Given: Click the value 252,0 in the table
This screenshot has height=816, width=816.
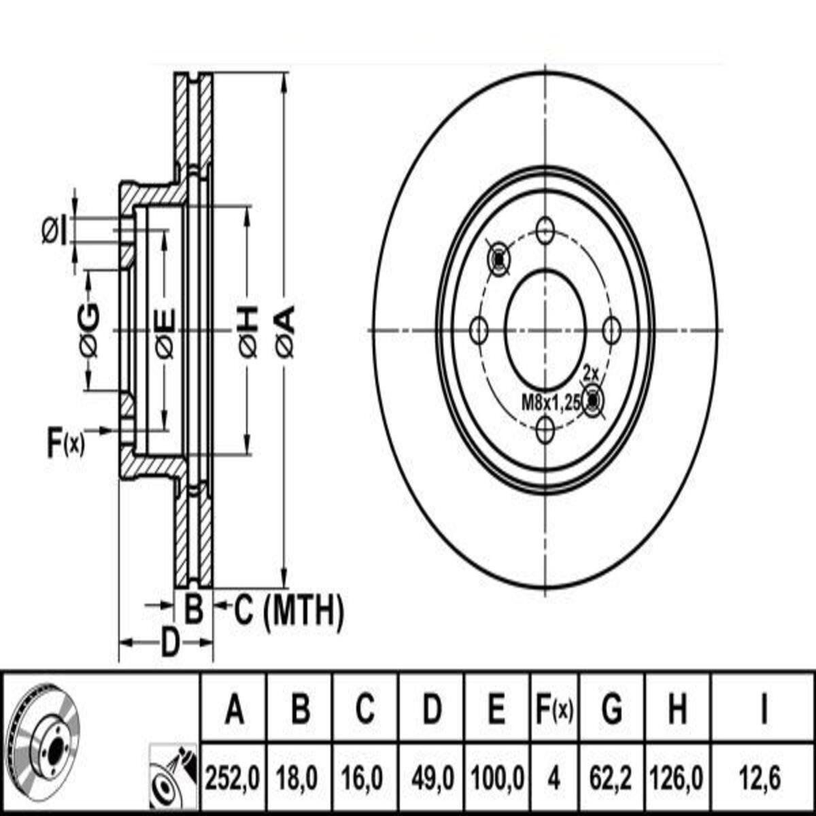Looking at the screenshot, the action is tap(232, 779).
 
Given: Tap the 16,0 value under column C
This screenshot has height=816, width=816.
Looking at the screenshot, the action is tap(363, 779).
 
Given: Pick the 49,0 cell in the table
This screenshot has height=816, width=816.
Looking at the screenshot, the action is tap(432, 779).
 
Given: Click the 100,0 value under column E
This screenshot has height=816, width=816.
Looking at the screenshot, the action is tap(497, 779).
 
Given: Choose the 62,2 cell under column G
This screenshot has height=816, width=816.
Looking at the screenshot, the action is tap(612, 779).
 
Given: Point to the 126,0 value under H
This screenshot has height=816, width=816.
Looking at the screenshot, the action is tap(677, 779).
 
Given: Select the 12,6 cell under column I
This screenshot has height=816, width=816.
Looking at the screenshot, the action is tap(760, 779).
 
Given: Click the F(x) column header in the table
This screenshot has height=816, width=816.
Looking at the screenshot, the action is tap(554, 710).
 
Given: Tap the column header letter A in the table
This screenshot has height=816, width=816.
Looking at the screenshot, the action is tap(234, 710).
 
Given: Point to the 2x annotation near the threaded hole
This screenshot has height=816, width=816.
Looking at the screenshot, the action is tap(590, 374).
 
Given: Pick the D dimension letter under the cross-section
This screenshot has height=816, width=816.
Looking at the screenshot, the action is tap(170, 643).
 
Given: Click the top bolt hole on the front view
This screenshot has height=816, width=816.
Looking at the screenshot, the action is tap(545, 229).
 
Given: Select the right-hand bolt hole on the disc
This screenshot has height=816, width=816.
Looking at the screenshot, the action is tap(611, 330).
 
